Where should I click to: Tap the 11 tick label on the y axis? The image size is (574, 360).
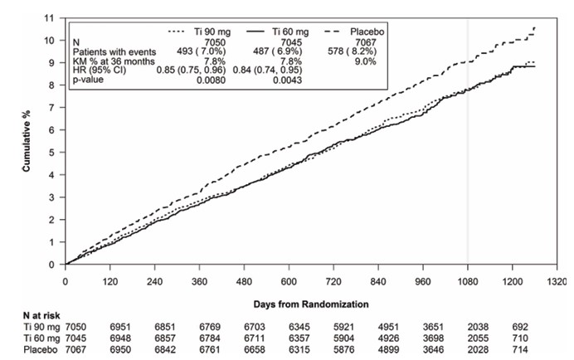[49, 17]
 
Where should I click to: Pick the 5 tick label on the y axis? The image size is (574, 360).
[51, 153]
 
